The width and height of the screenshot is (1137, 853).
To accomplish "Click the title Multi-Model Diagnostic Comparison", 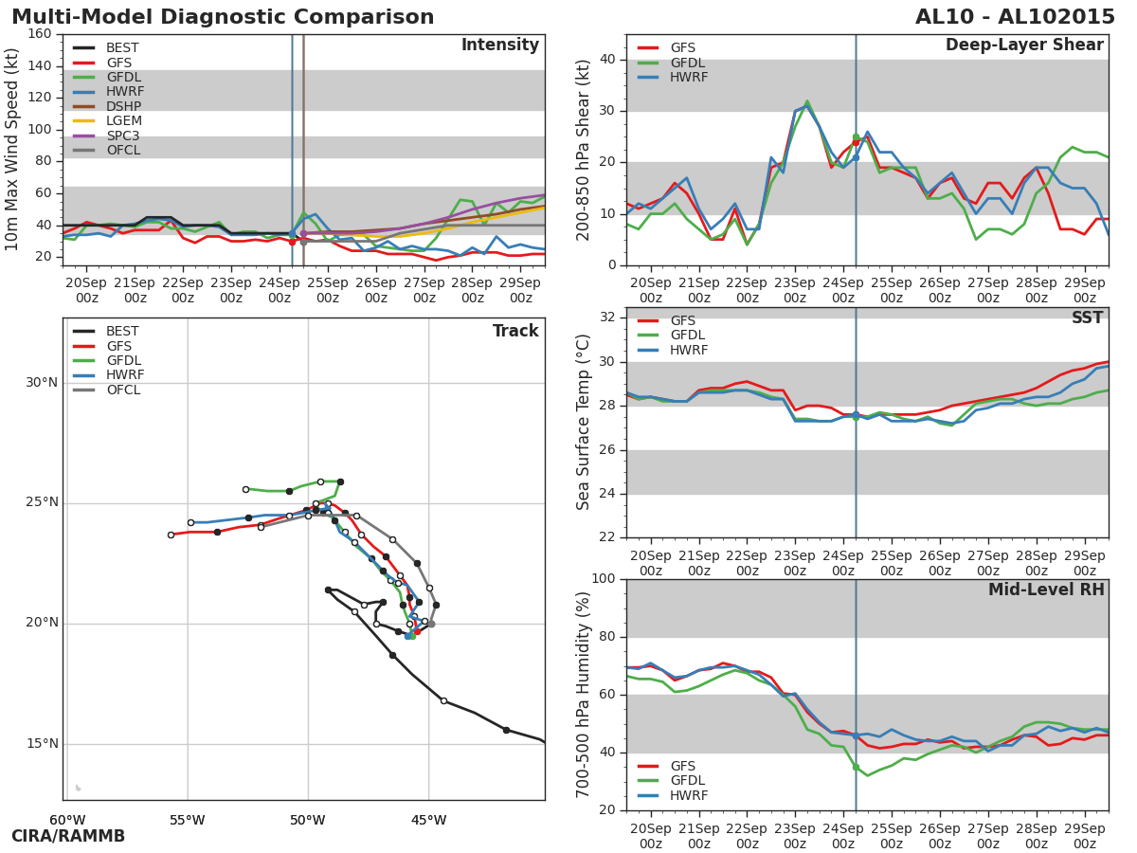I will [x=223, y=17].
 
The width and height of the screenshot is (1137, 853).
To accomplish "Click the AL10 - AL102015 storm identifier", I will [x=1015, y=17].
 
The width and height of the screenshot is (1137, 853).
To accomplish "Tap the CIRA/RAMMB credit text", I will [x=68, y=836].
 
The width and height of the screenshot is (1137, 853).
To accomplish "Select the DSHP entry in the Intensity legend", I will [x=123, y=106].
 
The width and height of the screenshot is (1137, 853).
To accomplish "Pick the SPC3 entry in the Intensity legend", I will [x=123, y=136].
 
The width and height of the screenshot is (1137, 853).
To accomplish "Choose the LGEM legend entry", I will [x=123, y=121].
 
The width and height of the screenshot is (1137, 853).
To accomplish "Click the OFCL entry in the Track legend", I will [x=123, y=390].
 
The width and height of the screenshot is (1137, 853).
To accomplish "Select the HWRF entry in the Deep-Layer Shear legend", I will [x=689, y=78].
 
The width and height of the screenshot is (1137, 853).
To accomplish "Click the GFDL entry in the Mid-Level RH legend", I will [x=689, y=781].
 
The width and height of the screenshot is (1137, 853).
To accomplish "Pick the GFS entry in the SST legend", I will [x=682, y=321].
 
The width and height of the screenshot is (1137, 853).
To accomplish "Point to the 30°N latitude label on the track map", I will [x=42, y=383].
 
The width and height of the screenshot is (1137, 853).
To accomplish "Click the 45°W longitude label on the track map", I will [x=428, y=820].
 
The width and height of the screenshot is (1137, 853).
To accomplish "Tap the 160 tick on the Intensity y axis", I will [x=39, y=34].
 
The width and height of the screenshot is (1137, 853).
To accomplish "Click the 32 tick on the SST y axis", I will [x=606, y=318].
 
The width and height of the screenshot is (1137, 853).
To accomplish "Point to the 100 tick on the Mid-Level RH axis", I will [x=602, y=579].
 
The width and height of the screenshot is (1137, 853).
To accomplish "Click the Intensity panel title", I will [x=499, y=45].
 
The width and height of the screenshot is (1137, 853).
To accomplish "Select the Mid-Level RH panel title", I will [x=1045, y=590].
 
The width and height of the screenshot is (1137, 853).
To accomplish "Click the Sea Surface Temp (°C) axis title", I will [x=584, y=422].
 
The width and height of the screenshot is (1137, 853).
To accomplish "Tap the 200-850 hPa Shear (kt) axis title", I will [x=584, y=150].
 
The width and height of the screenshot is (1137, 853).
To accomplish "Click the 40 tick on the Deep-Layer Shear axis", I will [x=606, y=60].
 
